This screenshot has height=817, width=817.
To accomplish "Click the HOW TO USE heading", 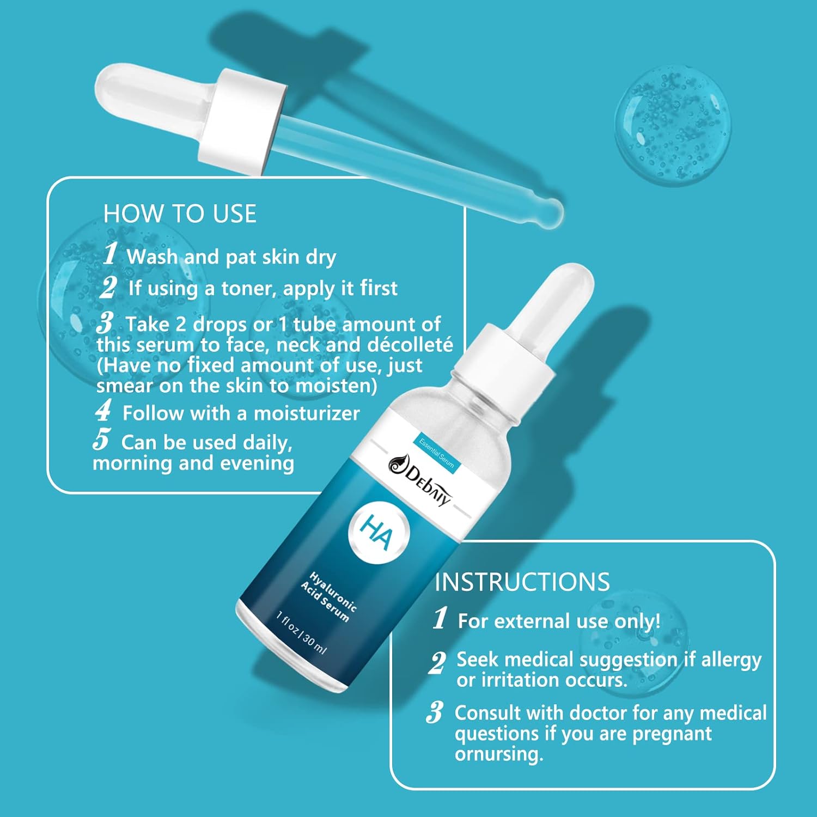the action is point(180,214).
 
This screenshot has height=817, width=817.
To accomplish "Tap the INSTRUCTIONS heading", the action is point(522,582).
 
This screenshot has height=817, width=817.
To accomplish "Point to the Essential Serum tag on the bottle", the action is point(437,454).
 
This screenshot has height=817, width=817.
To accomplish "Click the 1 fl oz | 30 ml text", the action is point(301,632).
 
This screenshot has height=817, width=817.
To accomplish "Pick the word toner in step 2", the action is point(246,288).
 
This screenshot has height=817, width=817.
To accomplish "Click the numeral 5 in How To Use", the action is point(102,439).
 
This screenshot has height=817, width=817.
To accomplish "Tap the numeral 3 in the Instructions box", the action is point(435,712).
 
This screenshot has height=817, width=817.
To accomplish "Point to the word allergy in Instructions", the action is point(731,660).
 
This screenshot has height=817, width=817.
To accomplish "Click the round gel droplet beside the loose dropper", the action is point(673,125).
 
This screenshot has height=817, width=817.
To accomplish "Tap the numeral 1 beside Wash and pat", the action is point(111,253).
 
